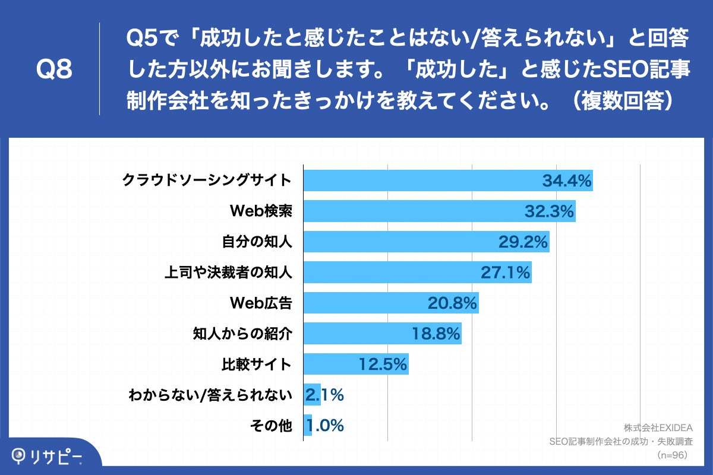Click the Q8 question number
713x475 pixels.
point(54,70)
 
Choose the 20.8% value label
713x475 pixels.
point(452,303)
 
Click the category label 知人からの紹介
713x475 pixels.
point(242,334)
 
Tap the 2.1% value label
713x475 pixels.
point(324,395)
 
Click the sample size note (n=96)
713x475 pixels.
point(671,455)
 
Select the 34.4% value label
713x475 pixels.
point(567,180)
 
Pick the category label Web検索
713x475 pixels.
point(261,211)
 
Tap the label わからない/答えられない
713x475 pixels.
point(210,395)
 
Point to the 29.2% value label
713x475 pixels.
point(523,242)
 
